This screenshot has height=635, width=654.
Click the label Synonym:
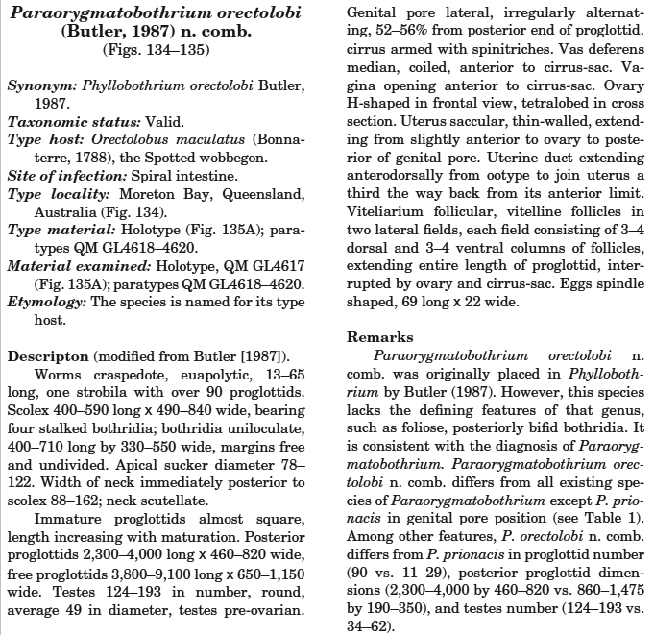click(41, 86)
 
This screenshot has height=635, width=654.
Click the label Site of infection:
click(61, 177)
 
